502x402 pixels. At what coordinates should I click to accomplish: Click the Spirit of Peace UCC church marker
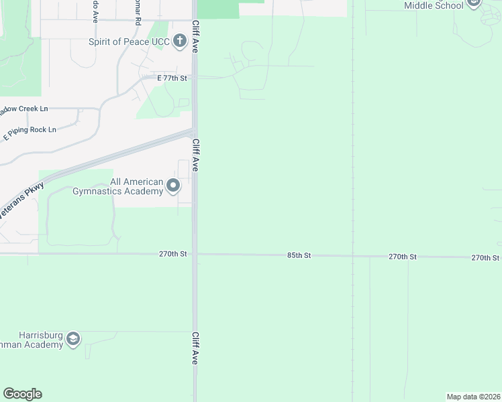click(x=179, y=42)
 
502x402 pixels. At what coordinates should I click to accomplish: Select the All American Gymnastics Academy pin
click(x=173, y=186)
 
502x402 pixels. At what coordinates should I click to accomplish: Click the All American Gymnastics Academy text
click(x=137, y=186)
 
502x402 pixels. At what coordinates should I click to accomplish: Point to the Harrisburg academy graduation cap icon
click(x=73, y=339)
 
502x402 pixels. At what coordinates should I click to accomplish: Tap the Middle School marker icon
click(x=474, y=3)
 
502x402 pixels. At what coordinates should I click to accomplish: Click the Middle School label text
click(x=434, y=5)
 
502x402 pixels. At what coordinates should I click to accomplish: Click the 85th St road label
click(x=299, y=255)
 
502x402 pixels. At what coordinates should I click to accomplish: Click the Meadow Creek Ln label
click(x=24, y=109)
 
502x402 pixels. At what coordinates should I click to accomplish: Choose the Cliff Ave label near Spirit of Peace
click(x=196, y=36)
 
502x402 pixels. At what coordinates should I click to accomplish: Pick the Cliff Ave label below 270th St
click(x=196, y=348)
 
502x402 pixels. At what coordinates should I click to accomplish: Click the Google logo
click(x=22, y=394)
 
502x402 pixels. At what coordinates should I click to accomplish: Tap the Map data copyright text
click(x=474, y=397)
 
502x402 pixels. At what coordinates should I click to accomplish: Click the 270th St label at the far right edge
click(x=485, y=257)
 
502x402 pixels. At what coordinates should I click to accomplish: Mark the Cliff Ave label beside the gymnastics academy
click(x=196, y=155)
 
